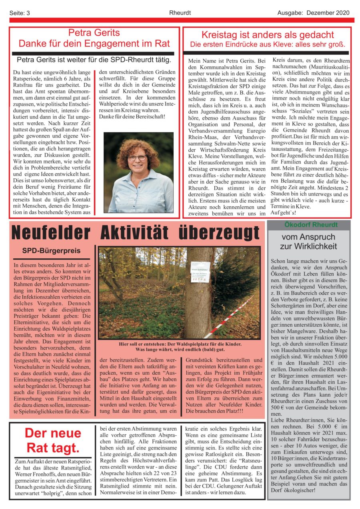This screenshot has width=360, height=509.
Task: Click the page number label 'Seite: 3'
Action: [20, 13]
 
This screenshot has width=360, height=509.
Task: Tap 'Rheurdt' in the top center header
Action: [180, 13]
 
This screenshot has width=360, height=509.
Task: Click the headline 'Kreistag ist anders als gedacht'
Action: [268, 34]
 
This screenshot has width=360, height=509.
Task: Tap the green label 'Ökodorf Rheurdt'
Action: [308, 225]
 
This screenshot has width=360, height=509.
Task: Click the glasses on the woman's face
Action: [137, 158]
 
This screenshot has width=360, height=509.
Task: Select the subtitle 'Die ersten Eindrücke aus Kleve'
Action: [268, 44]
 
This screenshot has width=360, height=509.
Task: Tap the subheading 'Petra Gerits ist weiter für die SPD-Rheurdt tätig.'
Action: [94, 60]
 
